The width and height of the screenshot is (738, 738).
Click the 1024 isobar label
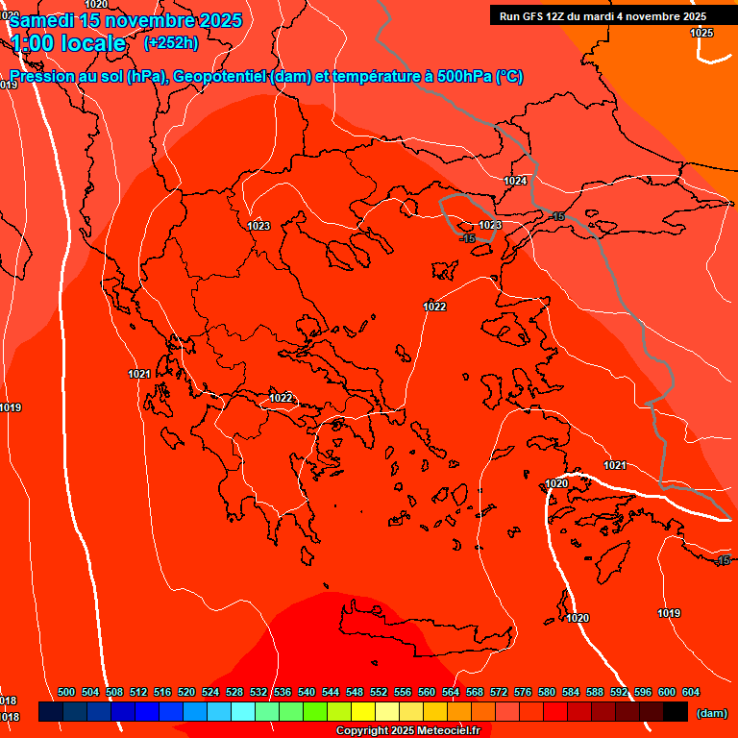515,181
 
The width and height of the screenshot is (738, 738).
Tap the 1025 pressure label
701,33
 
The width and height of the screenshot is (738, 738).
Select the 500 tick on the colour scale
66,692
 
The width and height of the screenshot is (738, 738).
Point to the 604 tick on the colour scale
690,692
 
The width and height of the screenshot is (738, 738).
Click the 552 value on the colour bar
379,692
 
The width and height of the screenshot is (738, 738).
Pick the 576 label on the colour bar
523,692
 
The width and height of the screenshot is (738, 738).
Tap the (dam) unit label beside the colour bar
711,713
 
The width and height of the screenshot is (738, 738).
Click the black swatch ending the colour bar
676,712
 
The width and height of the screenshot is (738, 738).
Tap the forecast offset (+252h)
170,42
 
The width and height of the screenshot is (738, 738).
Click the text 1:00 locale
68,43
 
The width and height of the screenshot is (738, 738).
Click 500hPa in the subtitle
462,77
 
